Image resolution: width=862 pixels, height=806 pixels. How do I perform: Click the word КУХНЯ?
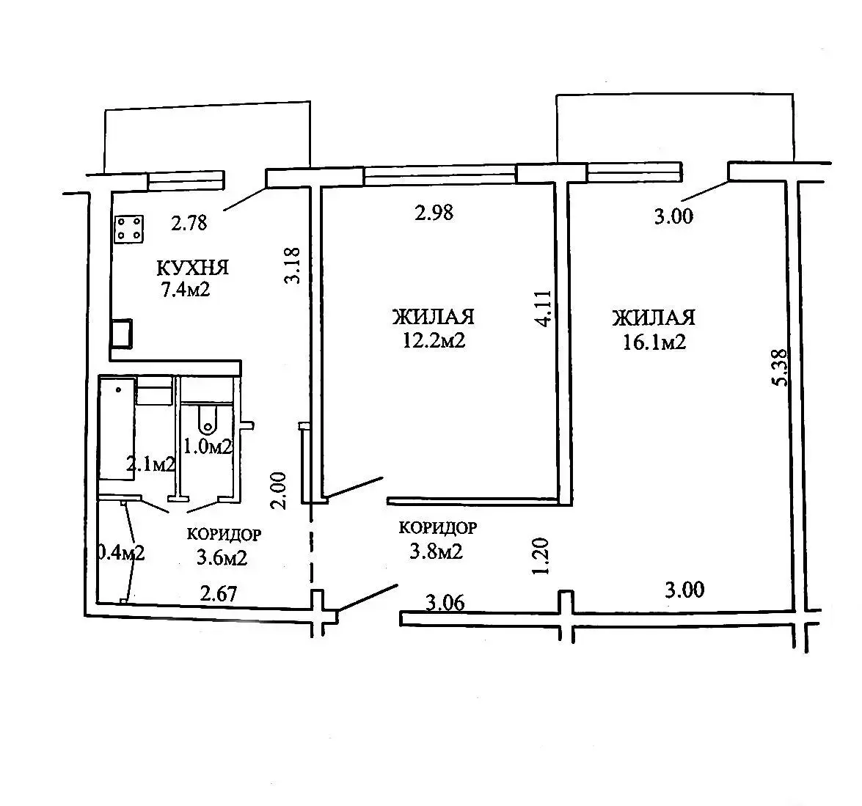(192, 268)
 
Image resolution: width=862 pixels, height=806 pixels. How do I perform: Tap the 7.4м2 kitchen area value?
(186, 289)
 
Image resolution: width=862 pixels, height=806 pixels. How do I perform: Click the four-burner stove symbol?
(129, 229)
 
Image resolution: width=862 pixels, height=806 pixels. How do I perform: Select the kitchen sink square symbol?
(121, 333)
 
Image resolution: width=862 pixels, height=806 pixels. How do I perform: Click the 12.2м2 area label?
(434, 340)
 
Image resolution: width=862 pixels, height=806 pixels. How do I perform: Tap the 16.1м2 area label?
(654, 342)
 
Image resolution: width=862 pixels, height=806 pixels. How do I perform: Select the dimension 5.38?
(782, 367)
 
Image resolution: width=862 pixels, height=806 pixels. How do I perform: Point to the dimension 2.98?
(434, 213)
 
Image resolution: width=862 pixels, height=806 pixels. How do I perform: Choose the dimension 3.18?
(292, 265)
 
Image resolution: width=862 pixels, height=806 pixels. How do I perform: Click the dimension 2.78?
(189, 223)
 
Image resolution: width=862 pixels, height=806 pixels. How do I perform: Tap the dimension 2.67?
(219, 594)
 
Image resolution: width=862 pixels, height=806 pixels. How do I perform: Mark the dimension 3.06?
(445, 603)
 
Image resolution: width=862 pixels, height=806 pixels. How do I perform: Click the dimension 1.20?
(541, 557)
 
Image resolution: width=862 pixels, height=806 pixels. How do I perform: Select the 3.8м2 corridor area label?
(436, 551)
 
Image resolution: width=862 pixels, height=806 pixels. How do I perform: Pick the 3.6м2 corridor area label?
(222, 557)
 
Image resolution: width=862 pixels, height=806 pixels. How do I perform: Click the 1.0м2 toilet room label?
(208, 447)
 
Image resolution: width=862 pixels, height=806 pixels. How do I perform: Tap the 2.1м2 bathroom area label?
(150, 464)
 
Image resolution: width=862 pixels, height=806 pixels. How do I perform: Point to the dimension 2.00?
(280, 491)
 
